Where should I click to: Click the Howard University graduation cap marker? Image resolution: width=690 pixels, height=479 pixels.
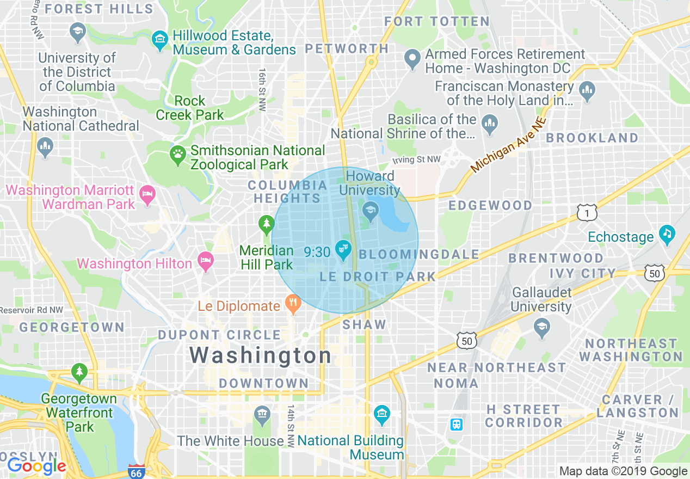point(371,211)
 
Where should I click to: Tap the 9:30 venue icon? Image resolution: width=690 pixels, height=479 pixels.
point(343,251)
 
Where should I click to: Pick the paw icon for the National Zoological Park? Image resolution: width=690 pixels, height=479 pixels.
point(177,155)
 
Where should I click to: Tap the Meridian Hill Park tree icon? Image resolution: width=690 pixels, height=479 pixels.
point(266,223)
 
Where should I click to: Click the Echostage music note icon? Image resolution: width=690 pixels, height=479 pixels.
point(667,235)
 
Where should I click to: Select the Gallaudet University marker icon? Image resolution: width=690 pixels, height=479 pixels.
point(541,327)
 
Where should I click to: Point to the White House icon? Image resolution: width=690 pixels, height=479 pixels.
point(262,415)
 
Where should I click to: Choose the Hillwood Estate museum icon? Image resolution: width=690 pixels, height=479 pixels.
point(160,40)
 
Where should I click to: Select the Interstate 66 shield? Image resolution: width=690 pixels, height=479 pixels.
point(137,471)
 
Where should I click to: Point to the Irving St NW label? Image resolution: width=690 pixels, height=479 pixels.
point(416,159)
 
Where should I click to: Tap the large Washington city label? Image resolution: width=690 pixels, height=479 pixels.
point(260,355)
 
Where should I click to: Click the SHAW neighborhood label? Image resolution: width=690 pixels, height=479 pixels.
point(364,325)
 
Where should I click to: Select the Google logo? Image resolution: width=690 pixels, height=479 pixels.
point(36,466)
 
